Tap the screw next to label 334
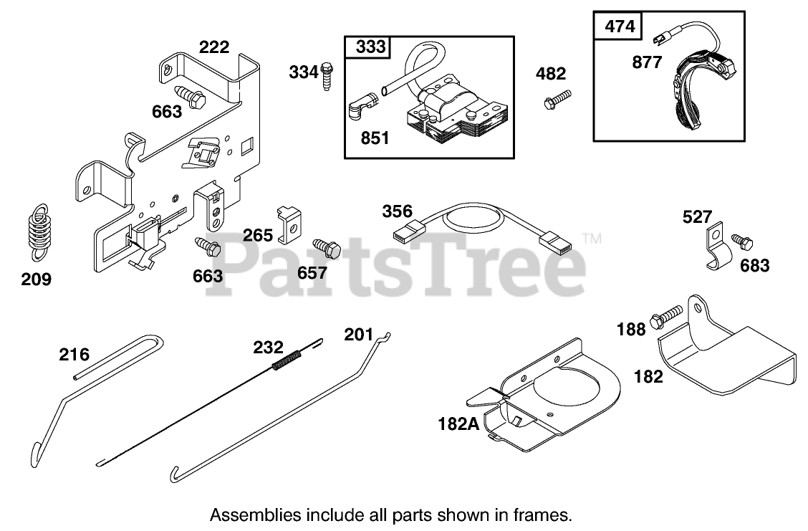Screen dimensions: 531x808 tap(327, 75)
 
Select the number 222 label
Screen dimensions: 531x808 tap(214, 47)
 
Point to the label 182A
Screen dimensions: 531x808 tap(458, 424)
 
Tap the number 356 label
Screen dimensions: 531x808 tap(397, 211)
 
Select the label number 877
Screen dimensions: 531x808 tap(648, 62)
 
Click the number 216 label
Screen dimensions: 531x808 tap(74, 354)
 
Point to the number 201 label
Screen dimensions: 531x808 tap(359, 334)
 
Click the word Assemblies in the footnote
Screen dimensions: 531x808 tap(245, 514)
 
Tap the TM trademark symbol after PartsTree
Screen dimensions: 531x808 tap(592, 239)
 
